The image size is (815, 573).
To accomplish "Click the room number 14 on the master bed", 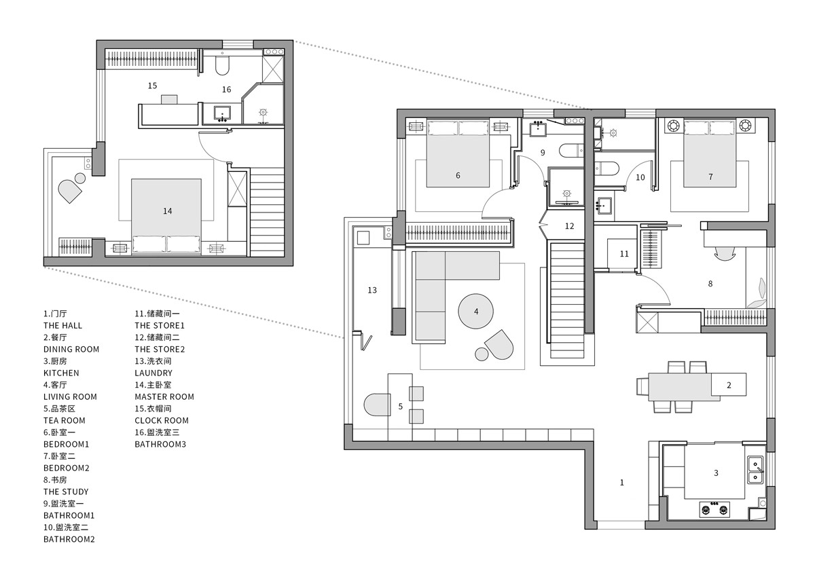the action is pos(167,211).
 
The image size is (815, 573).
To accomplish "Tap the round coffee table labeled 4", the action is pos(475,312).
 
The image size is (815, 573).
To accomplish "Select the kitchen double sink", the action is pos(755,470).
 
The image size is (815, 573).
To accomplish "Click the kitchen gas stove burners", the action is pos(715,509).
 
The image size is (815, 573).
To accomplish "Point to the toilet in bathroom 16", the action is pos(222,65).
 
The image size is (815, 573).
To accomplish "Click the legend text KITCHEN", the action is pos(61,373).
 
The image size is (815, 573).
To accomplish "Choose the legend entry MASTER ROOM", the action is pos(164,396).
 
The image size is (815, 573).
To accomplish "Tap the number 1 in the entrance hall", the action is pos(622,483).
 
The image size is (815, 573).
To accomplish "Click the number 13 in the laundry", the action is pos(372,290).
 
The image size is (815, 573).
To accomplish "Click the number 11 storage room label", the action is pos(624,254).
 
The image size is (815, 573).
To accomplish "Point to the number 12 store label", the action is pos(569,226).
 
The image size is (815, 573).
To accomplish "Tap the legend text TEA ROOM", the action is pos(65,420).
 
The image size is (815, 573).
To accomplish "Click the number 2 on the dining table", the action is pos(729,385).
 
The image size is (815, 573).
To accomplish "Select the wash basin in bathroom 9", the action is pos(537,129).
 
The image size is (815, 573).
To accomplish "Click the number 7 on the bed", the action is pos(710,177).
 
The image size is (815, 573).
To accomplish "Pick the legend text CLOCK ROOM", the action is pos(162,420).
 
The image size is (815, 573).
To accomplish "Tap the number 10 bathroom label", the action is pos(640,177).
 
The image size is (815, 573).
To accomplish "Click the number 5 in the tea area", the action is pos(400,407).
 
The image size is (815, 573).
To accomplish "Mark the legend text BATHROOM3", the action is pos(160,444).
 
